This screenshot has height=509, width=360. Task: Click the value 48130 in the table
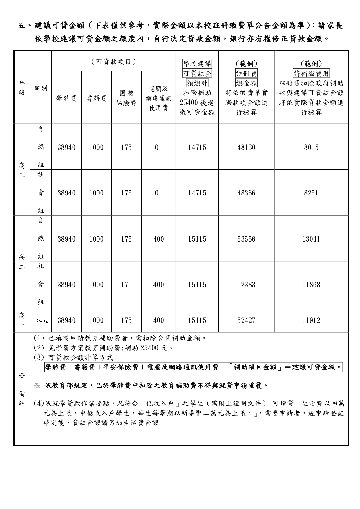pyautogui.click(x=246, y=147)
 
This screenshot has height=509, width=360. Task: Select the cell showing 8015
pyautogui.click(x=311, y=147)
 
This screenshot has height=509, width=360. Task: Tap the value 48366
pyautogui.click(x=246, y=193)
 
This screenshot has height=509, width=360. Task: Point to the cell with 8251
pyautogui.click(x=311, y=193)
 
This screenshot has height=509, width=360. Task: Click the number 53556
pyautogui.click(x=246, y=239)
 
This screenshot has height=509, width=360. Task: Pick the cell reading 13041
pyautogui.click(x=311, y=239)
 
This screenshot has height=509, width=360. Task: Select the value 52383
pyautogui.click(x=246, y=285)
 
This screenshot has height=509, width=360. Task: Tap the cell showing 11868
pyautogui.click(x=311, y=285)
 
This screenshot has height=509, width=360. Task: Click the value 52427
pyautogui.click(x=246, y=320)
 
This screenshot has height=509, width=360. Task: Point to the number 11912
pyautogui.click(x=311, y=320)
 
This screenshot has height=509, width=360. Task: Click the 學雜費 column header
pyautogui.click(x=66, y=99)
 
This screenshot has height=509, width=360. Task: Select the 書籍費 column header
pyautogui.click(x=96, y=99)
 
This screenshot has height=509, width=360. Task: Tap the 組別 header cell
pyautogui.click(x=41, y=88)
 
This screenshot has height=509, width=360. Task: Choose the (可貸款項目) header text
pyautogui.click(x=113, y=61)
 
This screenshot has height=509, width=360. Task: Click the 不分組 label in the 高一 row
pyautogui.click(x=41, y=321)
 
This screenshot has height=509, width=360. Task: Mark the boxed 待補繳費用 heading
pyautogui.click(x=311, y=73)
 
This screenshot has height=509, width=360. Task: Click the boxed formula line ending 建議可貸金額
pyautogui.click(x=193, y=367)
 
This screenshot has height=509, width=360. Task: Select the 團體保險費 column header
pyautogui.click(x=126, y=98)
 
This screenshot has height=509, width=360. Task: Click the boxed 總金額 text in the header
pyautogui.click(x=246, y=83)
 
